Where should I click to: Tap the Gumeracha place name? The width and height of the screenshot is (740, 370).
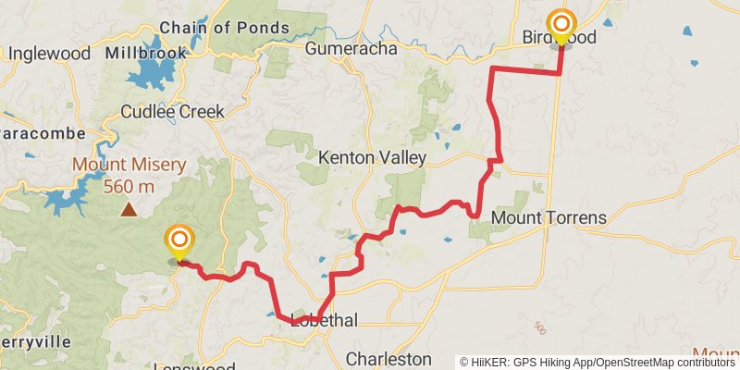click(x=350, y=48)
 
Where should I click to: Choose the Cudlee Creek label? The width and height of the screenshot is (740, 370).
click(x=173, y=112)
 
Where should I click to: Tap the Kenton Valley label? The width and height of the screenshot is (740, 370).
click(x=360, y=158)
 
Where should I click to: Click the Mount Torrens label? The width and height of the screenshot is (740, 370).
click(x=549, y=218)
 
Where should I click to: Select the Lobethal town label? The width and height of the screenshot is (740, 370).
click(x=324, y=321)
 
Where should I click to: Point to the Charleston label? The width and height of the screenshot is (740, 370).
click(x=388, y=358)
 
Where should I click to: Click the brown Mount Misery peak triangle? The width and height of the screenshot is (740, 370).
click(x=129, y=209)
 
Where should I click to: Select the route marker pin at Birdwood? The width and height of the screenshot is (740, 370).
click(x=561, y=25)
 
